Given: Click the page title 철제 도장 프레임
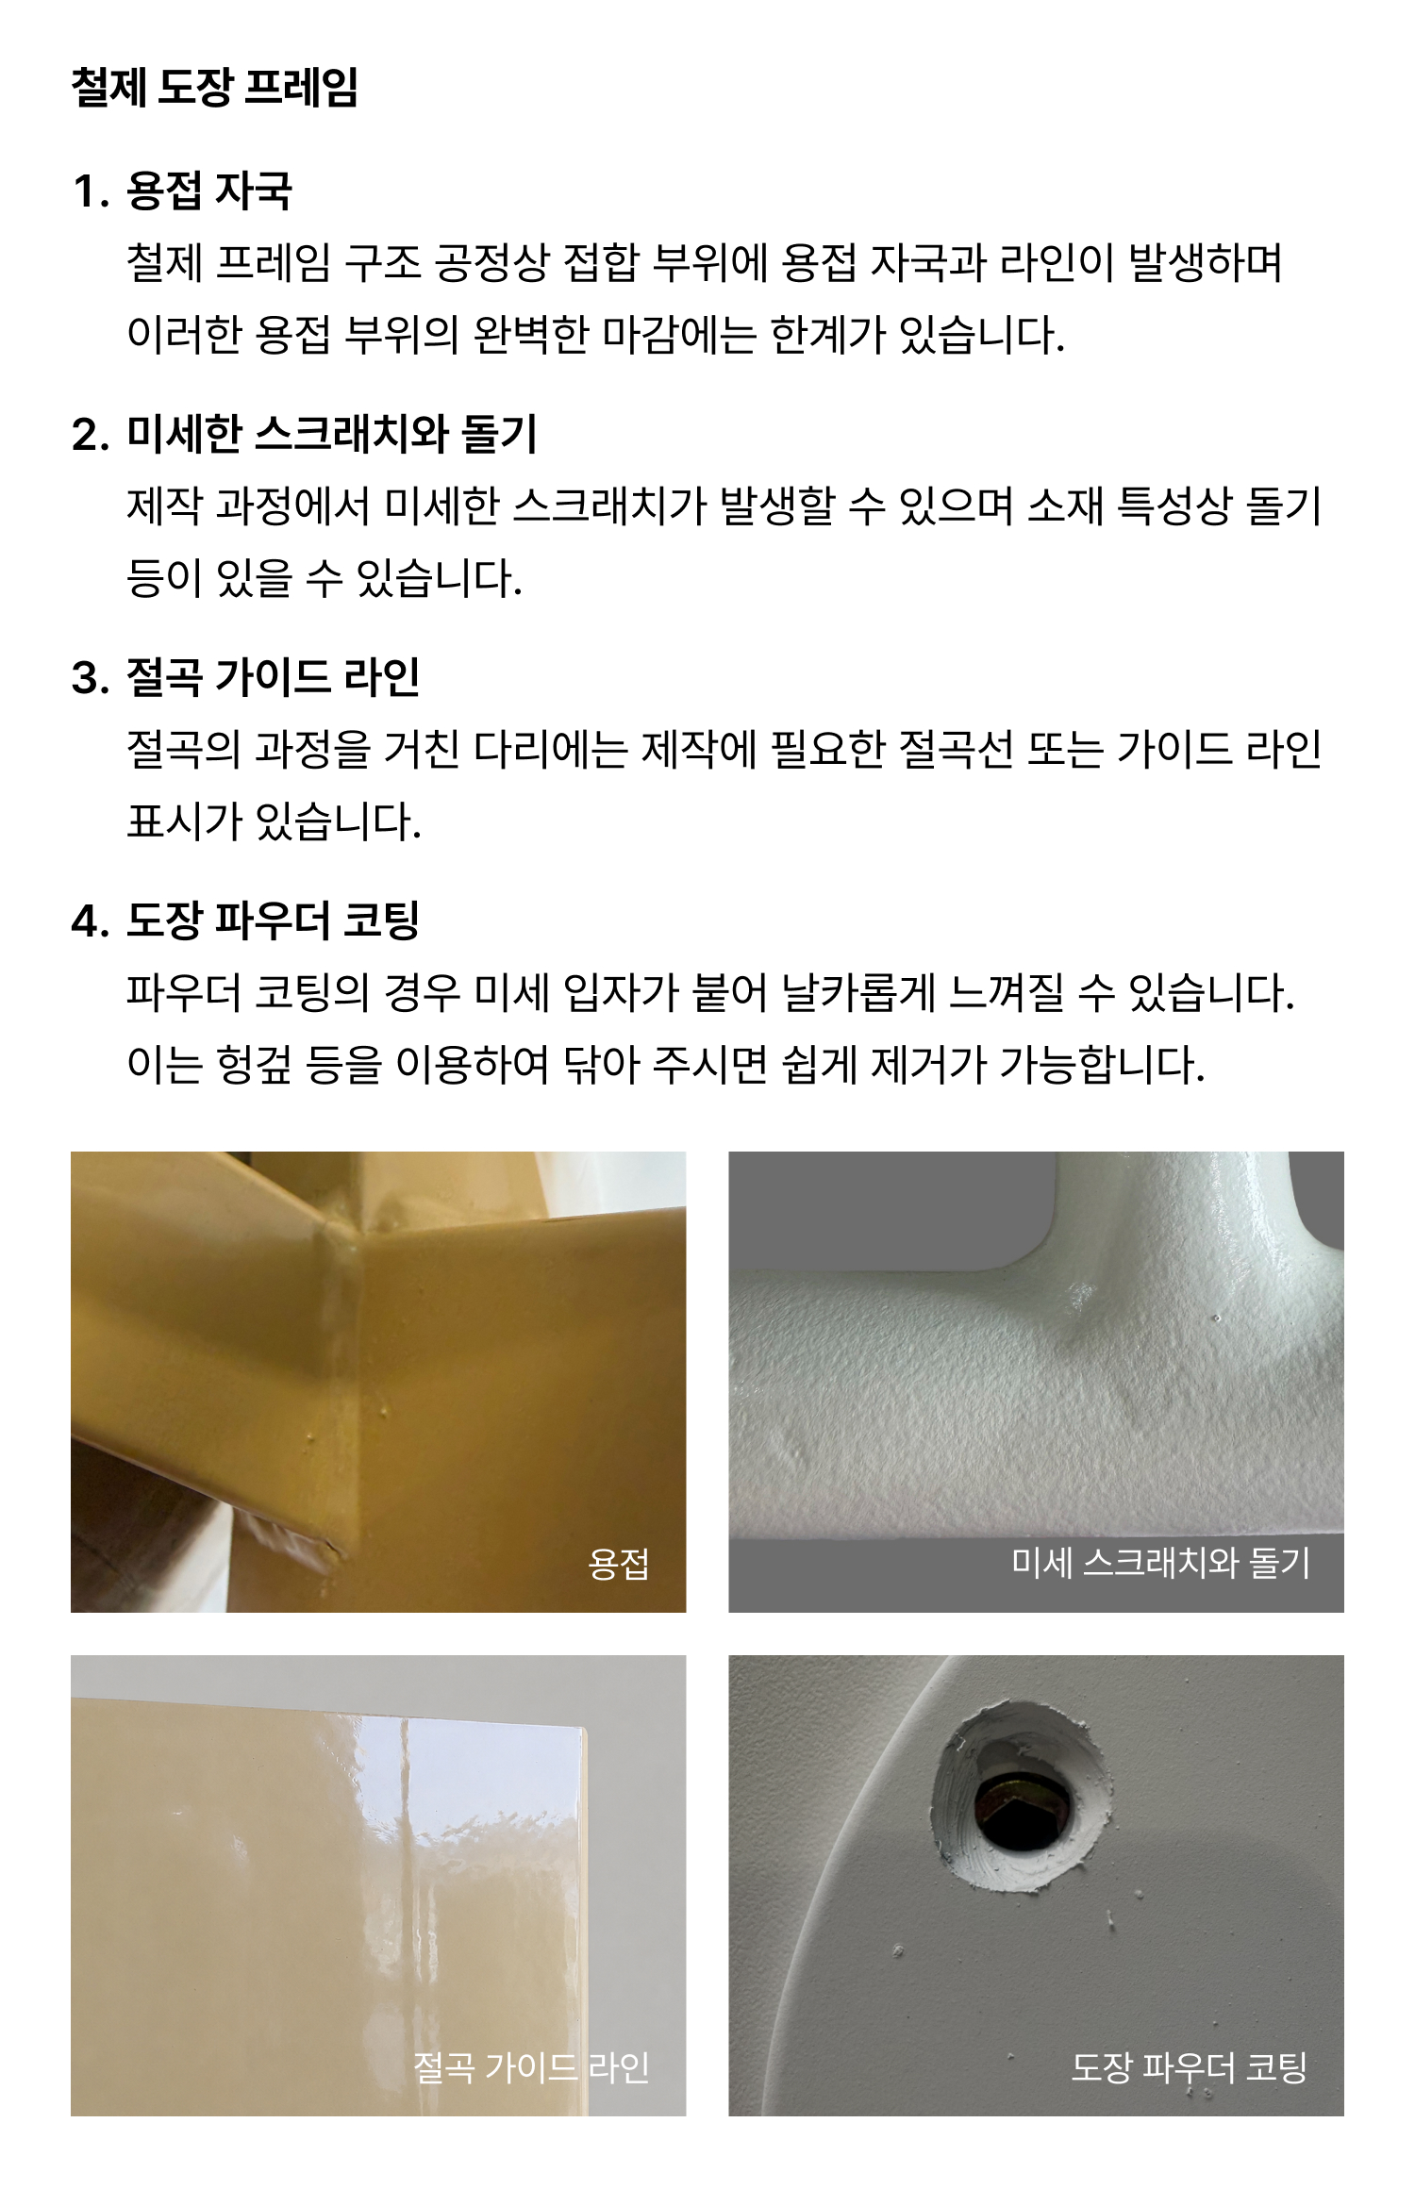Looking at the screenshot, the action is tap(214, 88).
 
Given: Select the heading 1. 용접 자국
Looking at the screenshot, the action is tap(182, 191).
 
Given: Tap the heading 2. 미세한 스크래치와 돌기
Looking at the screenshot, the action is tap(304, 434).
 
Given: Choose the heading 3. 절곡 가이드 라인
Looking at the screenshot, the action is tap(245, 677).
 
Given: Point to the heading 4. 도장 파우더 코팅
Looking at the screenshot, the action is tap(245, 920).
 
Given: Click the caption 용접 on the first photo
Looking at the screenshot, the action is tap(619, 1564).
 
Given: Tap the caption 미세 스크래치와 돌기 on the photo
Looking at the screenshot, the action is tap(1160, 1563).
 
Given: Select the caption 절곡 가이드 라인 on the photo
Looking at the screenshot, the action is tap(531, 2068).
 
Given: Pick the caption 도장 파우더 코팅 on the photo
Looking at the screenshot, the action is tap(1189, 2067).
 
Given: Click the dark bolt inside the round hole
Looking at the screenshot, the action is tap(1022, 1804).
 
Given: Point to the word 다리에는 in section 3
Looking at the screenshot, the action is tap(550, 750).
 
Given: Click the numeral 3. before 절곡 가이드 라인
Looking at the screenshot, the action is tap(91, 678).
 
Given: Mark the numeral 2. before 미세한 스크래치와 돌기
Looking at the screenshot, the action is tap(91, 435).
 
